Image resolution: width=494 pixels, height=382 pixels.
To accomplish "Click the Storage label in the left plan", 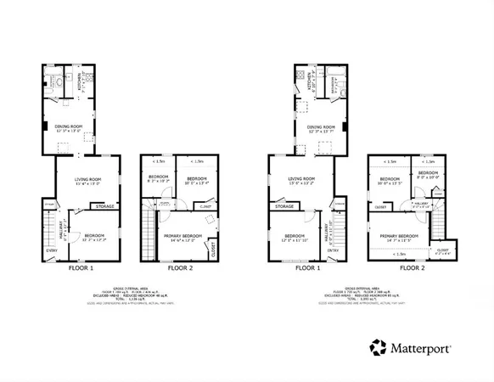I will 105,206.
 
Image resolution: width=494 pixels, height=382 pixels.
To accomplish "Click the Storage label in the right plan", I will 284,206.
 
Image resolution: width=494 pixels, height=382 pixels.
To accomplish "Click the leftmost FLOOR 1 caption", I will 81,268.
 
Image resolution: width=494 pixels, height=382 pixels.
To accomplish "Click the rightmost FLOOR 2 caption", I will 412,268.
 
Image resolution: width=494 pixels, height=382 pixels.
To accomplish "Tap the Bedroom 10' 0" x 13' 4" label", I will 198,180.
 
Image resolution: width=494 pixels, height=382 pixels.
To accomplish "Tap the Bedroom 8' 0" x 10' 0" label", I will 428,175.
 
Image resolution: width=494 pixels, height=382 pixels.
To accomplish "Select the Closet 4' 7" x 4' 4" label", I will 442,251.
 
